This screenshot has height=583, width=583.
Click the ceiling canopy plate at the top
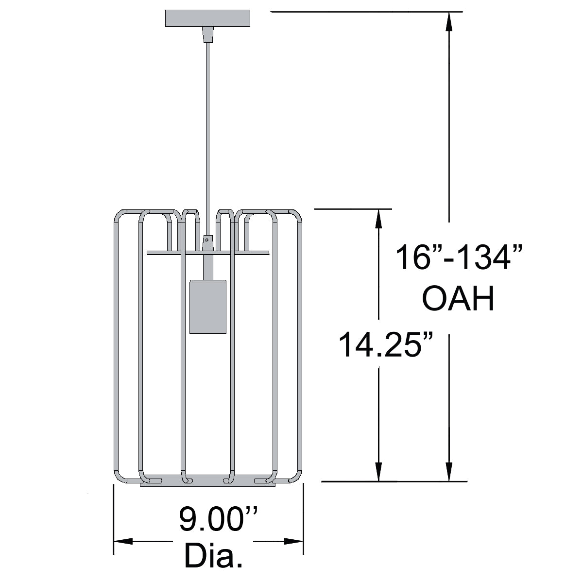(x=207, y=18)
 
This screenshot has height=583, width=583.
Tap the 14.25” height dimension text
(x=385, y=345)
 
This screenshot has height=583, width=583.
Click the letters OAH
(x=458, y=299)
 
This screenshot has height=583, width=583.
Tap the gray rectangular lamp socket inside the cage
(x=208, y=307)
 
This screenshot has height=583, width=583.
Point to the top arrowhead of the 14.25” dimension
(x=378, y=219)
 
